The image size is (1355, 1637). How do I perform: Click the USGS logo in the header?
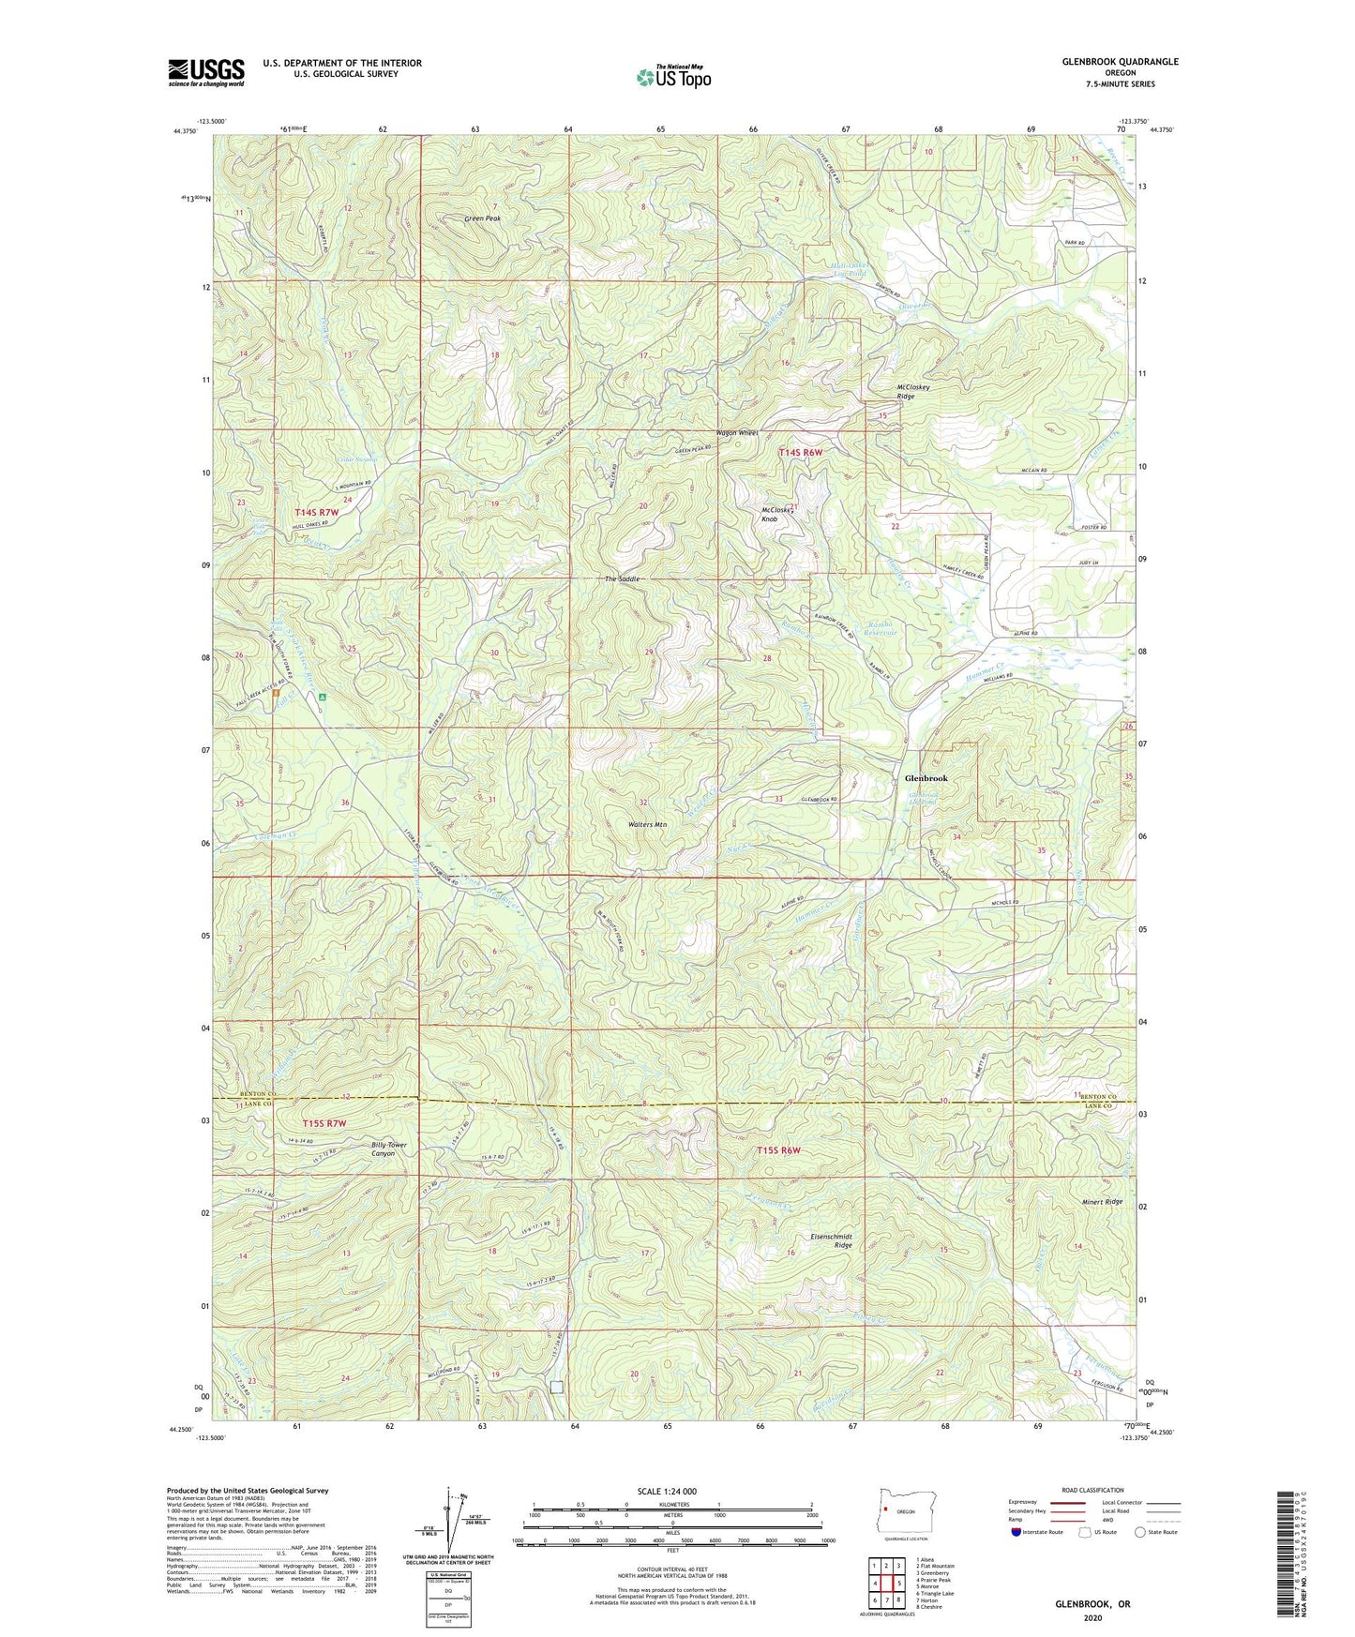coord(206,72)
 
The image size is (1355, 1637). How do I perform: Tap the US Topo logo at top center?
coord(673,77)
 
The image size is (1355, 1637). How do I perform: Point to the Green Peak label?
coord(483,218)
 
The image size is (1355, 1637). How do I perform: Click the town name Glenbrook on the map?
coord(926,778)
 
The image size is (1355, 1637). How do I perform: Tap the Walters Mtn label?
coord(647,824)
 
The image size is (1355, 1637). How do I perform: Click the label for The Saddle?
coord(623,579)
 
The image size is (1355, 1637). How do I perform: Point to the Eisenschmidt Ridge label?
coord(831,1240)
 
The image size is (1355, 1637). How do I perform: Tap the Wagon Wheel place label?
coord(736,432)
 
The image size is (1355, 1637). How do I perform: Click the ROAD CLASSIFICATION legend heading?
coord(1092,1490)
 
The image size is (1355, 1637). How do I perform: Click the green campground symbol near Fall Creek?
coord(322,698)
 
